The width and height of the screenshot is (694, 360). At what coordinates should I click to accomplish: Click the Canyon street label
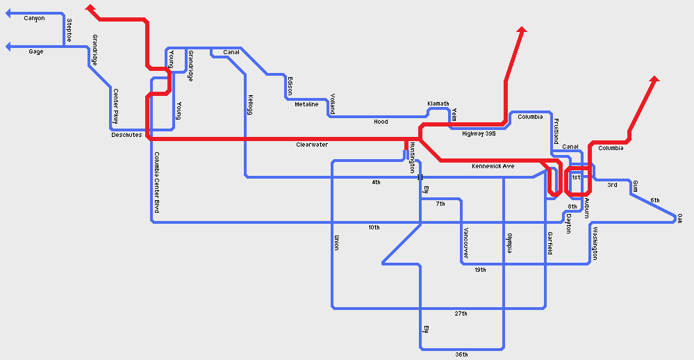pyautogui.click(x=34, y=19)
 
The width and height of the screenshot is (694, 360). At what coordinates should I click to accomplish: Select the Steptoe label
pyautogui.click(x=69, y=30)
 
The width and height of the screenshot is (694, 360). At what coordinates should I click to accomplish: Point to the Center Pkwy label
pyautogui.click(x=115, y=106)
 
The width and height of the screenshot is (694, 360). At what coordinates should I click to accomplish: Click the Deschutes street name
pyautogui.click(x=126, y=136)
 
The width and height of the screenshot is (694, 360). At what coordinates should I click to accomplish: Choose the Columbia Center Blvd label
pyautogui.click(x=157, y=182)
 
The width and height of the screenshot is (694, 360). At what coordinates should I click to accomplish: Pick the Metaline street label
pyautogui.click(x=306, y=104)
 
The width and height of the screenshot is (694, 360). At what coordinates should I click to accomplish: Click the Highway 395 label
pyautogui.click(x=479, y=133)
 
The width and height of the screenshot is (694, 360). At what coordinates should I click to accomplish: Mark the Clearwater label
pyautogui.click(x=312, y=145)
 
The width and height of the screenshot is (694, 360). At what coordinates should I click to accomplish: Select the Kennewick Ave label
pyautogui.click(x=493, y=166)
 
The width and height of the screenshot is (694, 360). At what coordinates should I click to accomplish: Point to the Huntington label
pyautogui.click(x=412, y=157)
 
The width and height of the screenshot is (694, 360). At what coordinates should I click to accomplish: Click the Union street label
pyautogui.click(x=337, y=243)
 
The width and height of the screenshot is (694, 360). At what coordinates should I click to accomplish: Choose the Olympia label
pyautogui.click(x=509, y=243)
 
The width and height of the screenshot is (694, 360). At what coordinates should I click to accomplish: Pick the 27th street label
pyautogui.click(x=461, y=314)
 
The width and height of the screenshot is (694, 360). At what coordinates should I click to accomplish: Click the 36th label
pyautogui.click(x=461, y=354)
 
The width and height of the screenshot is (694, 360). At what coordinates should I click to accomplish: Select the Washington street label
pyautogui.click(x=595, y=243)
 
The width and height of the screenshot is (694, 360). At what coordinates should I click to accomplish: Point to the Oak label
pyautogui.click(x=679, y=218)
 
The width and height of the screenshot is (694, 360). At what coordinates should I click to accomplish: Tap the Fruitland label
pyautogui.click(x=556, y=131)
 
